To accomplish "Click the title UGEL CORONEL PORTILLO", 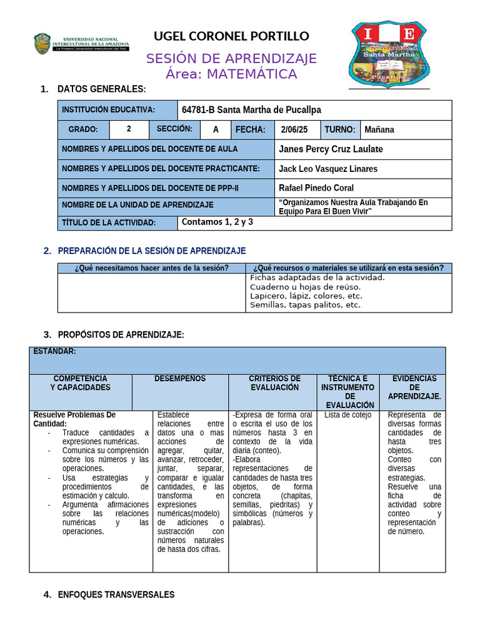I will [x=231, y=36].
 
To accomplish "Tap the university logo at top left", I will [x=81, y=43].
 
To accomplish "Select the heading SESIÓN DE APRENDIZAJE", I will [x=231, y=59].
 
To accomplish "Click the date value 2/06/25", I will [x=295, y=130].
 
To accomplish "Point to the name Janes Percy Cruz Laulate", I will [x=331, y=149].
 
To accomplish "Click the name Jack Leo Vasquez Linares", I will [x=327, y=169].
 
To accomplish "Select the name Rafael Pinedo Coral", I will [x=316, y=187].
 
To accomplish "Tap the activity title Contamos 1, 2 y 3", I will [x=217, y=222].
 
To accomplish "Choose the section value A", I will [x=216, y=130].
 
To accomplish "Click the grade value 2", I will [x=129, y=129].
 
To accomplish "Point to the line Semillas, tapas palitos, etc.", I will [x=305, y=305].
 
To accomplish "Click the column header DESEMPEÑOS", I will [x=180, y=379].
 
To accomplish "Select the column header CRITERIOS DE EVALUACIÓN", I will [x=274, y=383].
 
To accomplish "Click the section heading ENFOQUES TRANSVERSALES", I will [x=116, y=594].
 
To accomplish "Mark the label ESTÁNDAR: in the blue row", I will [x=54, y=351].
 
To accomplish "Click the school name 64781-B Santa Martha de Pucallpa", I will [x=251, y=110].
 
